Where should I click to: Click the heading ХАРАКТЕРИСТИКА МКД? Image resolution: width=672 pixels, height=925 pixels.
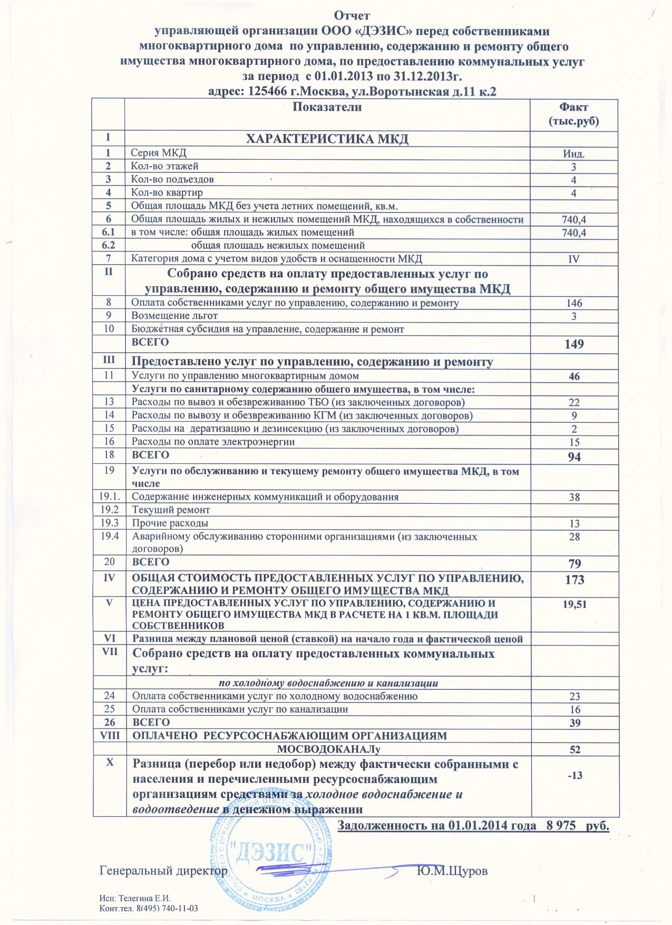328,139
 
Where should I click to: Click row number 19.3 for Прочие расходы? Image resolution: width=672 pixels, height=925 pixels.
108,523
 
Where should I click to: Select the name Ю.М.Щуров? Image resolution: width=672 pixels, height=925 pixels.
452,871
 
